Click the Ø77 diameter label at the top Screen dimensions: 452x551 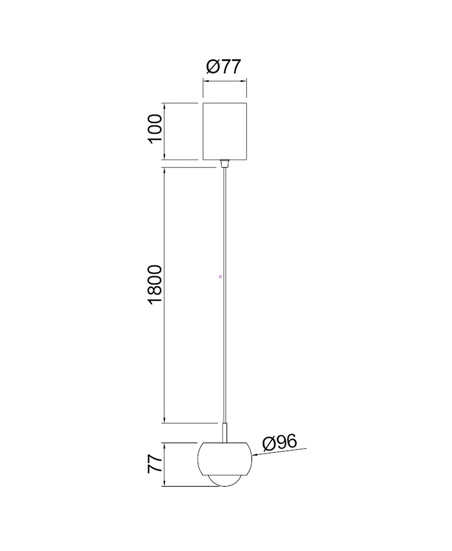[x=223, y=67]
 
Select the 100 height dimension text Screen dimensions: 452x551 [x=155, y=129]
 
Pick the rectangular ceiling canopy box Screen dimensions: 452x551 [x=225, y=131]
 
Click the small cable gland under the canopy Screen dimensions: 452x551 [x=224, y=163]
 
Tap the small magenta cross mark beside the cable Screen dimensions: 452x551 [x=220, y=277]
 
